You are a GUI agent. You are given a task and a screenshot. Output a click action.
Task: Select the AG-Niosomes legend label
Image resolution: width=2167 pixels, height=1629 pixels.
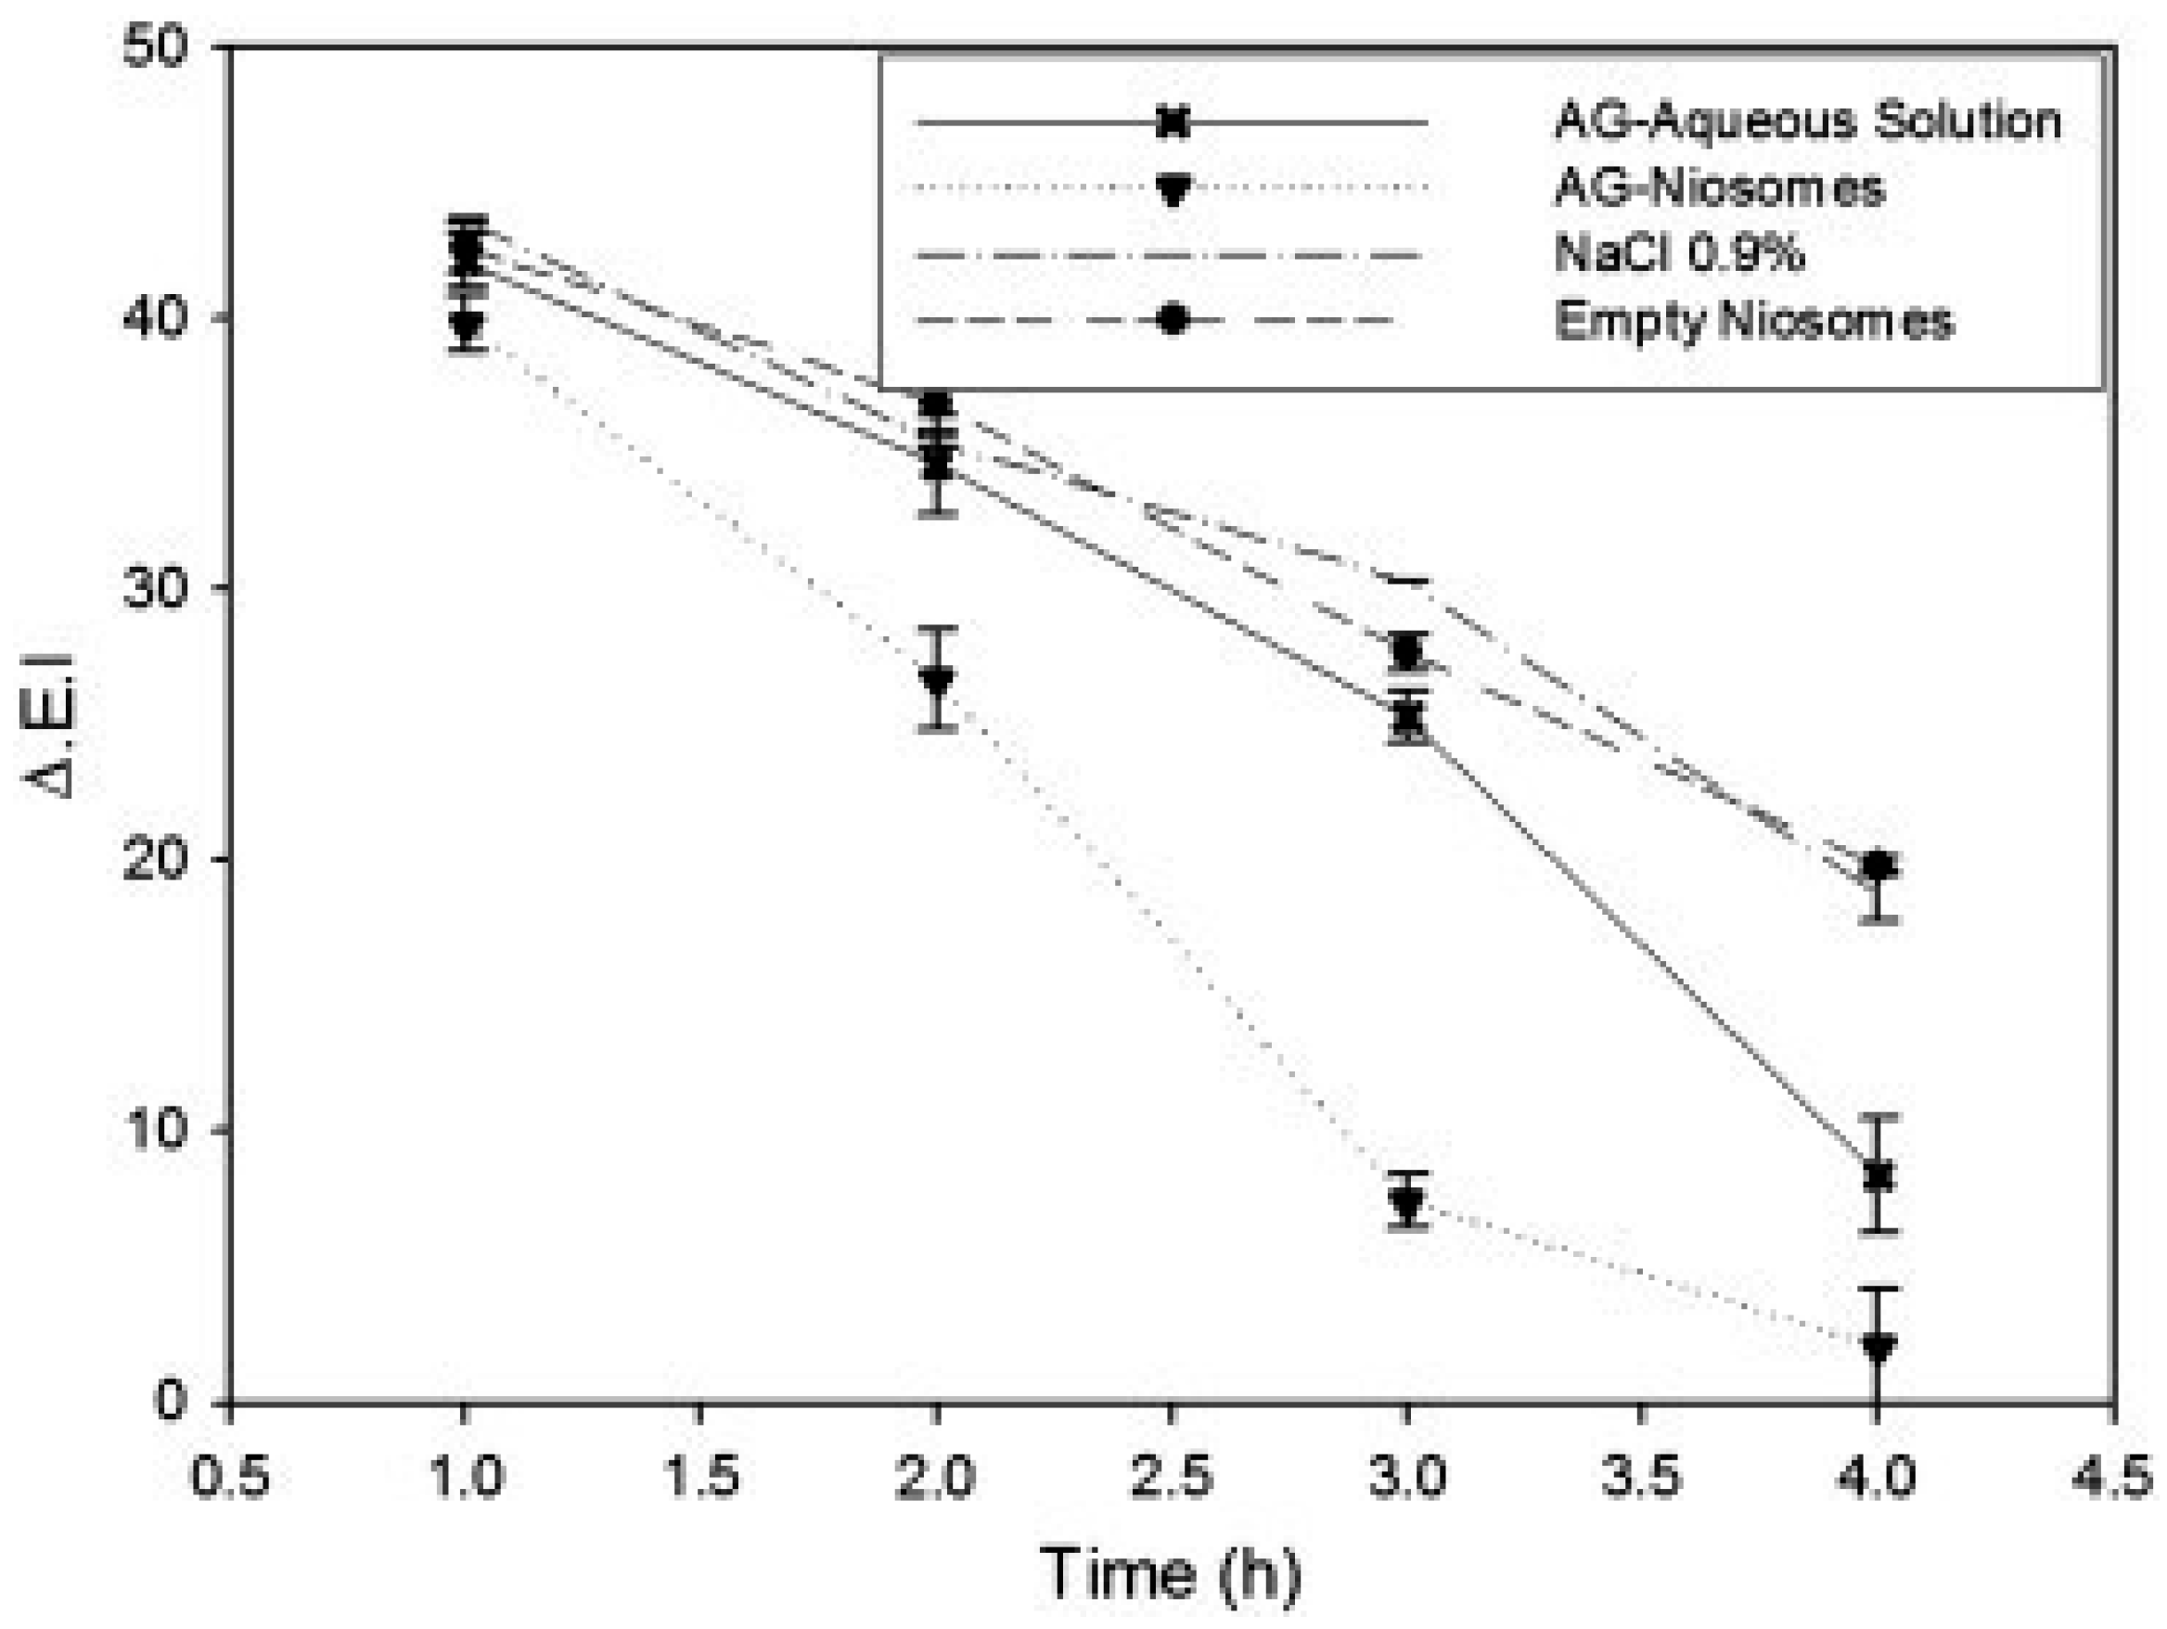coord(1719,187)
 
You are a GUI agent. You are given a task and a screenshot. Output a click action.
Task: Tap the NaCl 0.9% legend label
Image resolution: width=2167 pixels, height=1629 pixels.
coord(1679,253)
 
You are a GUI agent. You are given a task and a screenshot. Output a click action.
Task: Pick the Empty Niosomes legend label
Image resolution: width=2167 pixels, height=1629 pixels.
coord(1753,320)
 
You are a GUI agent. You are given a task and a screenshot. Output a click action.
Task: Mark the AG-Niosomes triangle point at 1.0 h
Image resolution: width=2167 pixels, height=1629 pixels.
coord(468,326)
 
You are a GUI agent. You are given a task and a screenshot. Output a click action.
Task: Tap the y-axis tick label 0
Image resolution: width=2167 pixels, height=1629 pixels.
coord(171,1401)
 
